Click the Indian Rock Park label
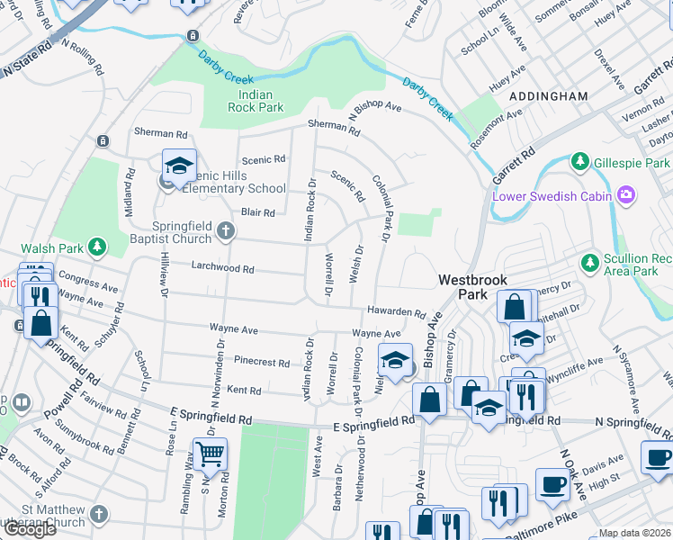[x=261, y=101]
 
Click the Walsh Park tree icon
[x=97, y=247]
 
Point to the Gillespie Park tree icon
[x=581, y=162]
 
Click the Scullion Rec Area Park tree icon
[x=589, y=263]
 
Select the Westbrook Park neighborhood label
[x=476, y=287]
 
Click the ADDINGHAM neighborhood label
[x=548, y=95]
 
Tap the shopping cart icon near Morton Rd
[x=210, y=456]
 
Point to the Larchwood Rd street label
[x=223, y=268]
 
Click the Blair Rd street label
[x=257, y=212]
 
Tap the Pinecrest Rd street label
[x=261, y=363]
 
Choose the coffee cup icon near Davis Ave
[x=552, y=484]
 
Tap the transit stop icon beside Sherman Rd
[x=103, y=141]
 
